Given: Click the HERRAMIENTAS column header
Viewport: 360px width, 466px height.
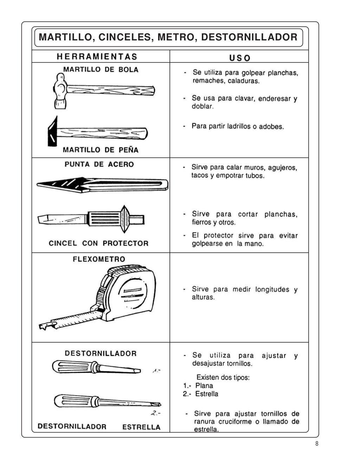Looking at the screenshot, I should pos(97,57).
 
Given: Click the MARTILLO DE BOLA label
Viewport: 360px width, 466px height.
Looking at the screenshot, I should pos(101,69).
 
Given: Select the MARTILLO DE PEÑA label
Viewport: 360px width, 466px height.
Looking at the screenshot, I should pos(101,150).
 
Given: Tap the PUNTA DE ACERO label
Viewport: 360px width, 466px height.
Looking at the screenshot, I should pos(99,164).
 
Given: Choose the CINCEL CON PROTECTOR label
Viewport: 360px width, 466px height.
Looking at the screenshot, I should pos(98,243).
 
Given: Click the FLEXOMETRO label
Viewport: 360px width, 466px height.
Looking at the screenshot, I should pos(99,259).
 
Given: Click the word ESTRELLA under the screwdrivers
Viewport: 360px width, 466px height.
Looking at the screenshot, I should pos(141,427).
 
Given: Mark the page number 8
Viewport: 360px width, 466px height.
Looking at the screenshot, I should pos(316,444).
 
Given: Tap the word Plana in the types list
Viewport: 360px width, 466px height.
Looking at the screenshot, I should pos(204,386).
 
